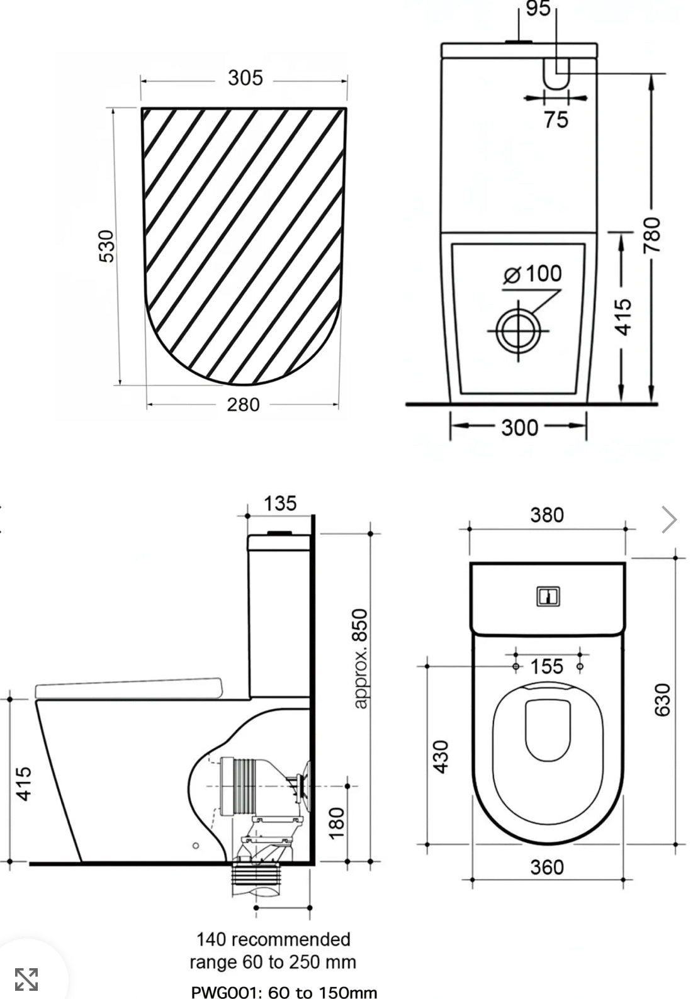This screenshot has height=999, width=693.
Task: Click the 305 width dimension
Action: click(245, 78)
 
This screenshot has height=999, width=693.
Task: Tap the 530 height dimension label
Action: click(108, 246)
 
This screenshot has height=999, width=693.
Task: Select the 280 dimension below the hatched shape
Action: click(243, 404)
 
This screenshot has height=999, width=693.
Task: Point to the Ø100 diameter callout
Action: click(533, 274)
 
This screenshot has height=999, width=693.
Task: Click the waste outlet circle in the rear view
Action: click(519, 330)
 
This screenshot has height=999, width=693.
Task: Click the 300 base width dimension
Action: click(519, 428)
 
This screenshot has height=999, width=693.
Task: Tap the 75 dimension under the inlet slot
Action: click(556, 119)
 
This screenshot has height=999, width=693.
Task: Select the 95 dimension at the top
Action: click(538, 9)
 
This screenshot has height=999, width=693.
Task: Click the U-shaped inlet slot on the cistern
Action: click(556, 72)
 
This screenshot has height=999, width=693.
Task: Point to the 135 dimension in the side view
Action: click(279, 503)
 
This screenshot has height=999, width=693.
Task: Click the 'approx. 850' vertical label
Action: click(359, 658)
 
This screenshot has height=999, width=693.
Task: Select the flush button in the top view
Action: click(548, 596)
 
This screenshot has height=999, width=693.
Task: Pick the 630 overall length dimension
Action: click(663, 699)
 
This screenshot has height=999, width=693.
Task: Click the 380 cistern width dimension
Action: click(546, 515)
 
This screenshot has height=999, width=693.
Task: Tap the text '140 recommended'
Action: click(273, 939)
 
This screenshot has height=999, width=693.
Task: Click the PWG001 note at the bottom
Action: click(284, 992)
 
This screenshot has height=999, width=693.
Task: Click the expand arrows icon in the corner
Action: click(26, 979)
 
